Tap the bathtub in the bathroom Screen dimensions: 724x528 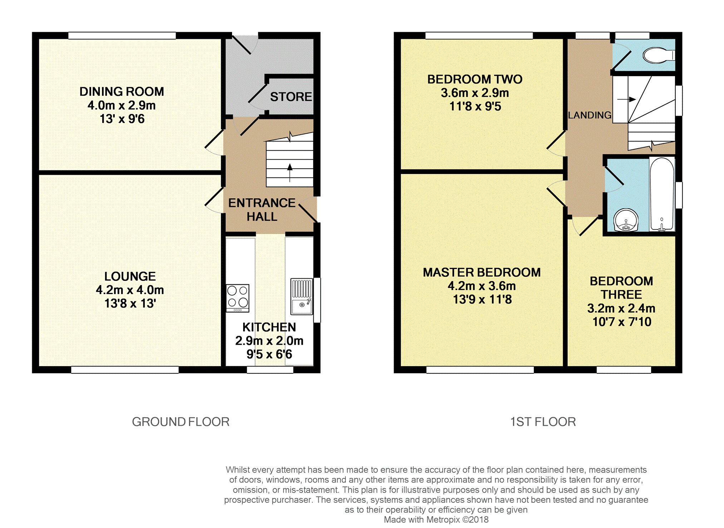[662, 194]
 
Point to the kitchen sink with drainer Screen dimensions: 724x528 [301, 297]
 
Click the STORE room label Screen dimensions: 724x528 [291, 97]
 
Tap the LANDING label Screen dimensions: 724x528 [590, 115]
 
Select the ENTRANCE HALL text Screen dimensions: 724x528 [262, 210]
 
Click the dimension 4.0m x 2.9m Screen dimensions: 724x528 [122, 105]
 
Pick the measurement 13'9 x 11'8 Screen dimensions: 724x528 [482, 299]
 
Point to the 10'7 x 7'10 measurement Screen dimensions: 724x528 [622, 322]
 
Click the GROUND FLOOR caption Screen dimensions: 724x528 [181, 422]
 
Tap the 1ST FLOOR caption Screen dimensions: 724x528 [543, 422]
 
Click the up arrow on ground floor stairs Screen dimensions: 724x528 [290, 173]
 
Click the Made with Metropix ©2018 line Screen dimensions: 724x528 [436, 520]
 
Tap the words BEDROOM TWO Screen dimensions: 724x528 [475, 79]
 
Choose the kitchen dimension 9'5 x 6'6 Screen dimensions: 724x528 [269, 354]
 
